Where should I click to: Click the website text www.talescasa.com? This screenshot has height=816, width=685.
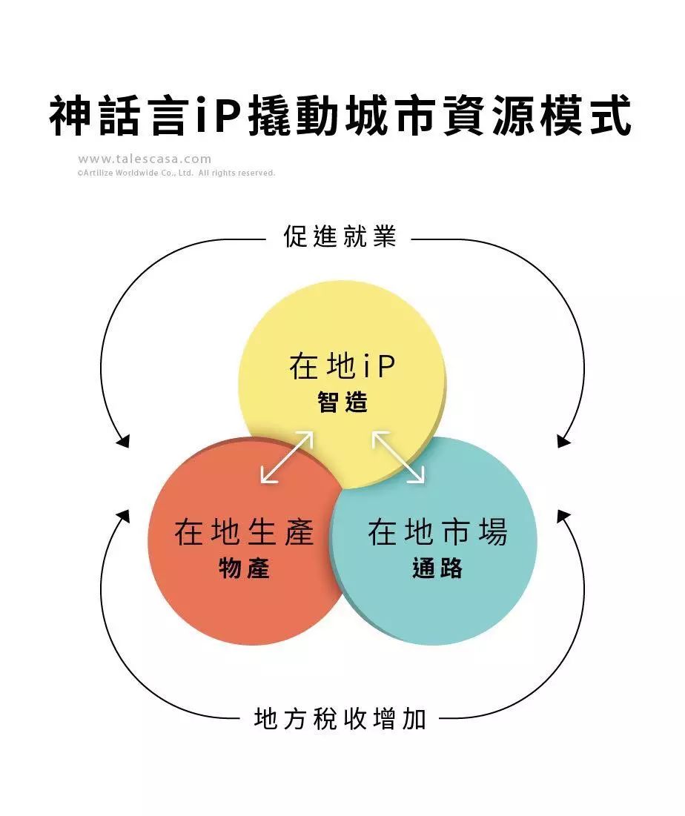point(145,159)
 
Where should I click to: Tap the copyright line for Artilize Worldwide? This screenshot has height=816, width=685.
point(176,173)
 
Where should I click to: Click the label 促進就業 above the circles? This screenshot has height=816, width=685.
point(340,236)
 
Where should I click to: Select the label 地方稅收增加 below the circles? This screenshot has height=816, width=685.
point(340,718)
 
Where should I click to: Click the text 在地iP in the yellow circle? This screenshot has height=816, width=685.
point(342,367)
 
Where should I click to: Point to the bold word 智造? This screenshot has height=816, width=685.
point(342,403)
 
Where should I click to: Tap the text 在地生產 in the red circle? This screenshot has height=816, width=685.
point(245,533)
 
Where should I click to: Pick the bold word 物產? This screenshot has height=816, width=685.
point(245,568)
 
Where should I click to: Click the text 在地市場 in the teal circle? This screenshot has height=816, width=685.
point(437,533)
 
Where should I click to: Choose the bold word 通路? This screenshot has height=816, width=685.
point(437,568)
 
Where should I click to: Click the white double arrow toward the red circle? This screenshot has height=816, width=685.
point(287,457)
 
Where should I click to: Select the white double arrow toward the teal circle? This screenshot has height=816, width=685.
point(398,457)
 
